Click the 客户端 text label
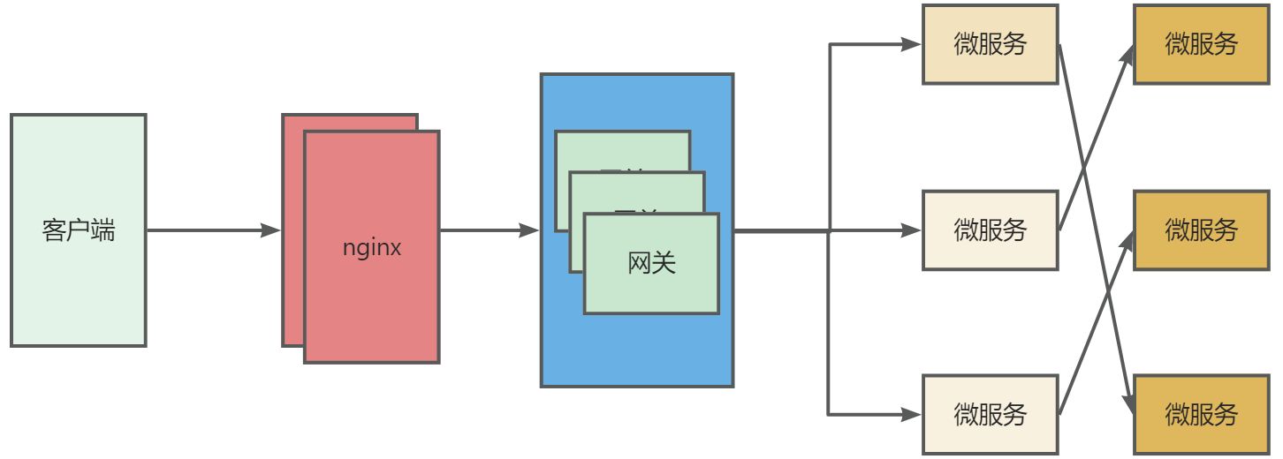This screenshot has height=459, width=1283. [78, 231]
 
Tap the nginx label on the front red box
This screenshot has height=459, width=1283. [372, 248]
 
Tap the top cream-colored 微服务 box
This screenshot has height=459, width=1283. [990, 44]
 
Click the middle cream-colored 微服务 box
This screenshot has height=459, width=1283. [990, 230]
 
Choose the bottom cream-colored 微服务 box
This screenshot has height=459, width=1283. [990, 414]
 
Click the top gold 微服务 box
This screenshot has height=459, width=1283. [1201, 44]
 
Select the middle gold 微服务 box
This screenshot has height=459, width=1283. [1201, 230]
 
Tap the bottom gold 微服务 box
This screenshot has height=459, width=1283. [1201, 414]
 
